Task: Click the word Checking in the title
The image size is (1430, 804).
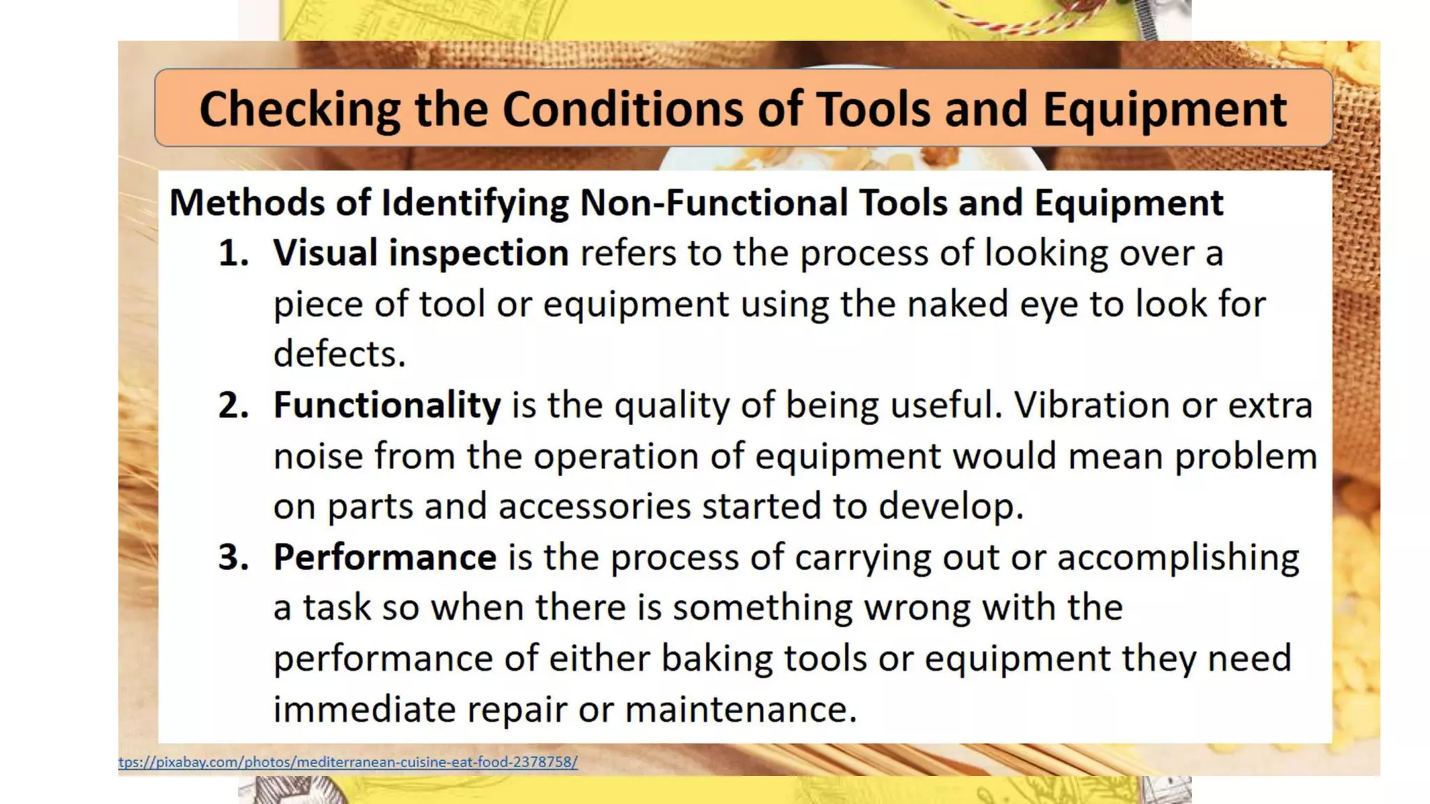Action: point(299,110)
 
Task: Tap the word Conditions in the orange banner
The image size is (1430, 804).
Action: point(623,110)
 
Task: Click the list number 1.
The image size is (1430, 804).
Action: point(233,253)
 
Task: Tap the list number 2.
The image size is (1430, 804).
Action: point(233,405)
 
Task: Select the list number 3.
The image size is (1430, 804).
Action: point(233,558)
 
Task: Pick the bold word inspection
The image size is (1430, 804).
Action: point(478,254)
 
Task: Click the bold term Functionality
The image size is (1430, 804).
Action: point(387,405)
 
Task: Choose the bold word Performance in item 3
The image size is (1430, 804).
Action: point(385,558)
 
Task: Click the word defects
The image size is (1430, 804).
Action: point(339,354)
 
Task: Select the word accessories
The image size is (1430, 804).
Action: point(594,507)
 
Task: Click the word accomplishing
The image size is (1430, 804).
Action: point(1178,558)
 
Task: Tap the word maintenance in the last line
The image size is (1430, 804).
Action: point(740,710)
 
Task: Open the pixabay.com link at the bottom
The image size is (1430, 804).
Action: point(348,762)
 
